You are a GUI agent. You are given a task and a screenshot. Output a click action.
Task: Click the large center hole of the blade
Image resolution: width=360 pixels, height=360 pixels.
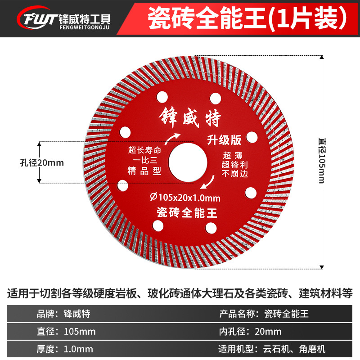[188, 162]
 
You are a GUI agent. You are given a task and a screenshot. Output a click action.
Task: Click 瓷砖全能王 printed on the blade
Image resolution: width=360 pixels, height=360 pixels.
[188, 211]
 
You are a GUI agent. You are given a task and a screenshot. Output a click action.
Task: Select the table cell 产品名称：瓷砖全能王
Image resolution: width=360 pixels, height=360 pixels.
[263, 314]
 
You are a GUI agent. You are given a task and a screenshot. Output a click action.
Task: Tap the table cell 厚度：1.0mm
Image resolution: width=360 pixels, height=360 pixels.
[65, 349]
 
